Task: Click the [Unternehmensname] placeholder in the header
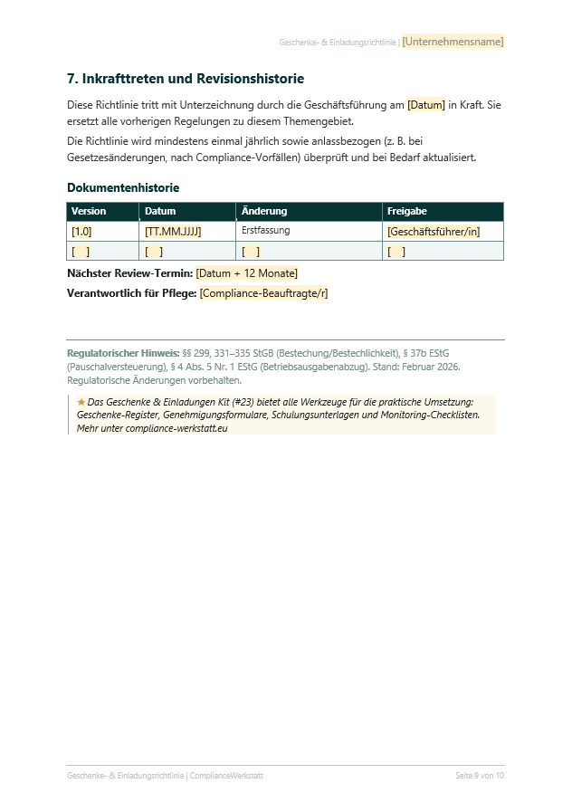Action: (x=453, y=42)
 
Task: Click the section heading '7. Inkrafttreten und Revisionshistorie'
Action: (x=186, y=79)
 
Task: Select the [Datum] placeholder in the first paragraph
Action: (x=426, y=105)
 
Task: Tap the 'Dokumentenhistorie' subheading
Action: (x=123, y=187)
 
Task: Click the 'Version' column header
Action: (x=89, y=211)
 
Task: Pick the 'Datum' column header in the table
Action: (x=160, y=211)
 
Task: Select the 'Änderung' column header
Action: (x=264, y=211)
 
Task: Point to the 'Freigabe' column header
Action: (x=407, y=211)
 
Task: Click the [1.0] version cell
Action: (x=81, y=232)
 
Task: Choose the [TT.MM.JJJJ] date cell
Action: (x=173, y=232)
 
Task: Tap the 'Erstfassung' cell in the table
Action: (x=265, y=231)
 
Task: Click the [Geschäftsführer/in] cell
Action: (x=434, y=232)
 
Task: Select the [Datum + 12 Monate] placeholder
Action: (x=246, y=273)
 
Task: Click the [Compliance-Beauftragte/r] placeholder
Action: (x=263, y=293)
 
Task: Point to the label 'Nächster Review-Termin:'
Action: (x=129, y=273)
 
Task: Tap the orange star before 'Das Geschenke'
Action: (x=81, y=401)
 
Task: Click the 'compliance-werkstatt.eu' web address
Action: (x=178, y=428)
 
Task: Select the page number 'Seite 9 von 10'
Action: (x=480, y=776)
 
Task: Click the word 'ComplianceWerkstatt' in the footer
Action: (x=227, y=776)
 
